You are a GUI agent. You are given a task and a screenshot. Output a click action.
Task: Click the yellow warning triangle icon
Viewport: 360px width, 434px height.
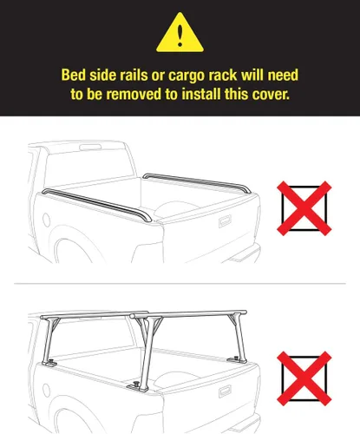tap(180, 33)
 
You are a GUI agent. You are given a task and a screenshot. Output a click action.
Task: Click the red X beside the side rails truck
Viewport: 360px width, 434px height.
tap(304, 208)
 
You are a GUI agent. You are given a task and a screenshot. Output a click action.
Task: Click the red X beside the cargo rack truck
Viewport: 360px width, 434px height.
tap(304, 378)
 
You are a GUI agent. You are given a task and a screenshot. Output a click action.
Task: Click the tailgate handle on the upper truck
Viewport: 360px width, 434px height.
tap(225, 221)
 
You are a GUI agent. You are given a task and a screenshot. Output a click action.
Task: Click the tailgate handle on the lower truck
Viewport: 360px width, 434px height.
tap(225, 391)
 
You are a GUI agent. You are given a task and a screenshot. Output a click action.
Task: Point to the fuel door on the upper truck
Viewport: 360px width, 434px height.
tap(46, 220)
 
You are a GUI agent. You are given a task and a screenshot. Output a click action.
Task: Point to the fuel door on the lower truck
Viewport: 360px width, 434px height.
tap(46, 390)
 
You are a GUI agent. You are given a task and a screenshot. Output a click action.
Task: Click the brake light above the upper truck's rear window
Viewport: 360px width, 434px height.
tap(90, 148)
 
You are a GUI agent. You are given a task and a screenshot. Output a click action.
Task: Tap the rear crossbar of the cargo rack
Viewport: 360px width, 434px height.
tap(188, 314)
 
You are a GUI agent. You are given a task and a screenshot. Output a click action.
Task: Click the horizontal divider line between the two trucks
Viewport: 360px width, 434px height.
tap(180, 284)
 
